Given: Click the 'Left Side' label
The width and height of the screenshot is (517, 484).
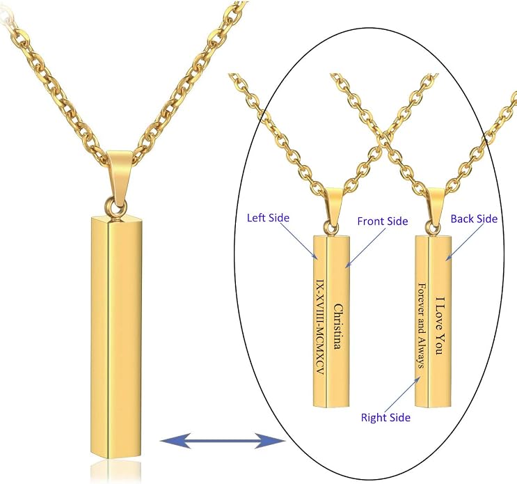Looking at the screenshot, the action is click(x=268, y=218).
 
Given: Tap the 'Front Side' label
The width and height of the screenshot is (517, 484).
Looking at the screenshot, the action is click(x=383, y=221).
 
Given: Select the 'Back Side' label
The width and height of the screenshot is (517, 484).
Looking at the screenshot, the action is click(x=474, y=219).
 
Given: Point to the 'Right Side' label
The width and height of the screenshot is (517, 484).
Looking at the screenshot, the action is click(x=385, y=417).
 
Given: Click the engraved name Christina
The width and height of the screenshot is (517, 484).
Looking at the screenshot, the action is click(x=338, y=327).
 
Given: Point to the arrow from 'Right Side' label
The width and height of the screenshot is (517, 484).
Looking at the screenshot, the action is click(x=401, y=395).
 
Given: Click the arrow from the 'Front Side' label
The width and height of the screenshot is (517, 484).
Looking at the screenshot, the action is click(x=365, y=247).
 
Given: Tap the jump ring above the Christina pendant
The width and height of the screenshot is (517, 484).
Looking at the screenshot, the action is click(x=330, y=228).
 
